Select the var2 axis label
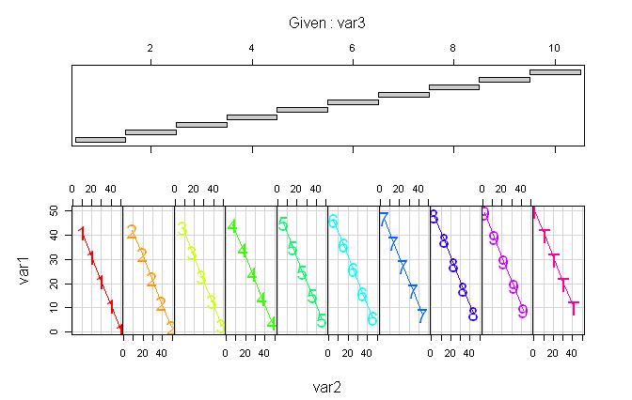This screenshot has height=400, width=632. tap(326, 385)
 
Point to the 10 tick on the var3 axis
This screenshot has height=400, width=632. tap(555, 48)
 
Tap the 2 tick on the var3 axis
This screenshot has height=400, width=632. tap(150, 48)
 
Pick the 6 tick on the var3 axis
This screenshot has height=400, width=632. tap(352, 48)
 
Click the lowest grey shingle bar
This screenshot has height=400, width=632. tap(101, 140)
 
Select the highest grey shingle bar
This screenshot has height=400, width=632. tap(555, 71)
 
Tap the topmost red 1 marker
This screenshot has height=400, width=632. tap(82, 233)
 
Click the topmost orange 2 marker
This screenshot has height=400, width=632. tap(133, 232)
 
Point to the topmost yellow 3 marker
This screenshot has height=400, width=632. tap(182, 228)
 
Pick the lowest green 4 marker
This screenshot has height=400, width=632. tap(272, 323)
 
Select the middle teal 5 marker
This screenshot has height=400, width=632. tap(302, 272)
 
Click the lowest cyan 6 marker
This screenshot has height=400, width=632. tap(372, 319)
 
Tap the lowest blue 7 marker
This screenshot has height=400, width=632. tap(423, 315)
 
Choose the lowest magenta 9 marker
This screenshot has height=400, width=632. tap(523, 311)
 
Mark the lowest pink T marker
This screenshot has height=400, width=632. tap(574, 307)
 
